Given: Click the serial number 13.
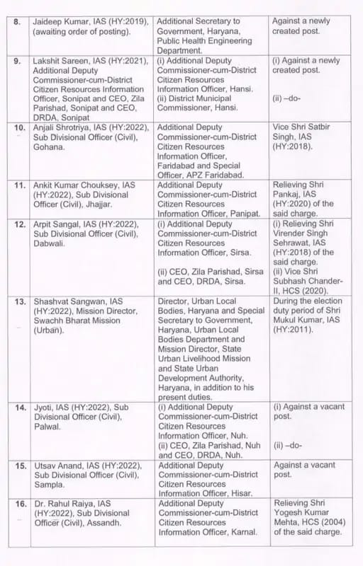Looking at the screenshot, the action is [20, 302].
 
